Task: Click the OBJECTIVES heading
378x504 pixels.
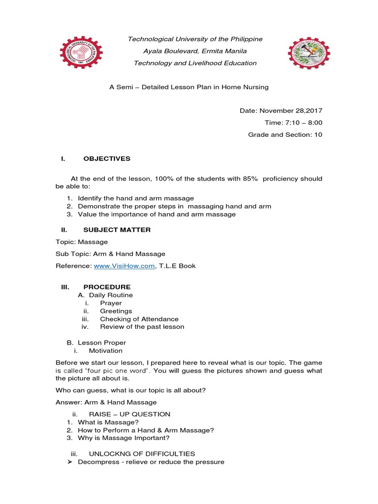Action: click(107, 158)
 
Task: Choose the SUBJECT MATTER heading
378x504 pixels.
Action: click(117, 230)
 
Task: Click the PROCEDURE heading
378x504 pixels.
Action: click(107, 287)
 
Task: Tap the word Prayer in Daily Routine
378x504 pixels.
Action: click(111, 303)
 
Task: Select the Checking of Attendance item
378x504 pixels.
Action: click(139, 319)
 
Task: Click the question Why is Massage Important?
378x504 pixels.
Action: click(124, 438)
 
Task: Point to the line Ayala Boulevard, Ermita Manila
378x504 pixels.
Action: click(195, 51)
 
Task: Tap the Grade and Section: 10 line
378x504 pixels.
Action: click(285, 134)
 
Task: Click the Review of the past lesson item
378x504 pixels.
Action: click(142, 327)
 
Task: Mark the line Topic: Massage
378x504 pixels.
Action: click(81, 242)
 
